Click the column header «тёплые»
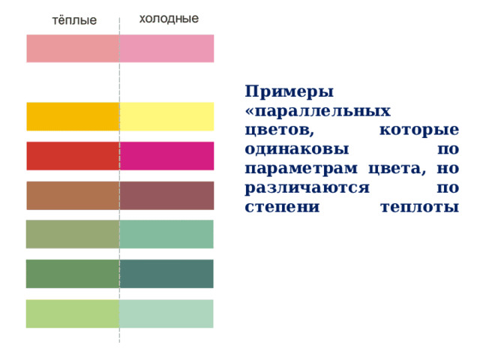73,21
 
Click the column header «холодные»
169,19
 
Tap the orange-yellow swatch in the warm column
73,116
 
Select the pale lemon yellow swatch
166,116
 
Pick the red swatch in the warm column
73,156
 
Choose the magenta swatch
166,156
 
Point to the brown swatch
73,196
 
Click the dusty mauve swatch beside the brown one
166,196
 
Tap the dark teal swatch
166,274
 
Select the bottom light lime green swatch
73,313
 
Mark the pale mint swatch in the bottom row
166,313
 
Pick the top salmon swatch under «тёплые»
73,49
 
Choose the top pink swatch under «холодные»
166,49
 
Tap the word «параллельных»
318,112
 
